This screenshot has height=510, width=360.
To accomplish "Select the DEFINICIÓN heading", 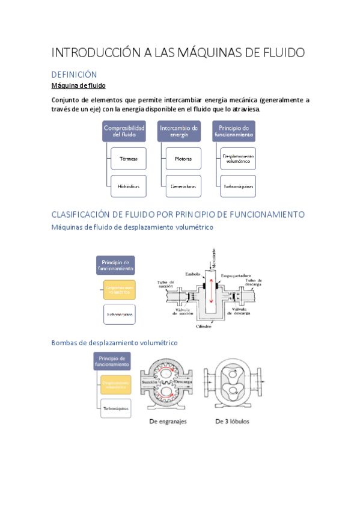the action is (x=74, y=75).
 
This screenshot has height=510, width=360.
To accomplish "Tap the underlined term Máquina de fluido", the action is (x=79, y=86).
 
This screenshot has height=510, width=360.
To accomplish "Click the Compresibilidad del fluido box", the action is (x=124, y=131).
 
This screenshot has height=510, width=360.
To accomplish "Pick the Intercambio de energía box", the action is (x=179, y=131).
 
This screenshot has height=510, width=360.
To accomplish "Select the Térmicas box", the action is (x=129, y=159).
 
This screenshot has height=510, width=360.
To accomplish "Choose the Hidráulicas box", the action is (x=129, y=186).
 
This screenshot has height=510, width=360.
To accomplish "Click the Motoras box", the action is (x=183, y=159).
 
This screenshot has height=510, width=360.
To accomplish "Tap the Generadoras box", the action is (x=183, y=186).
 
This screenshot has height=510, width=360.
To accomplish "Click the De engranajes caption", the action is (x=168, y=422).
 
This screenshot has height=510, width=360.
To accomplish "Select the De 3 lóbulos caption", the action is (x=232, y=422).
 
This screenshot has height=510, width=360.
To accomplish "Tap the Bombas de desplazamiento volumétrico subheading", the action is (x=115, y=343).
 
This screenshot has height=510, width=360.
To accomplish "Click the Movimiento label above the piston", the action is (x=206, y=259).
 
